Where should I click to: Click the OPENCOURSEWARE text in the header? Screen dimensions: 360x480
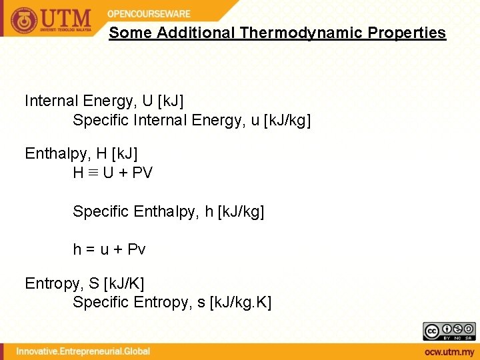tap(149, 13)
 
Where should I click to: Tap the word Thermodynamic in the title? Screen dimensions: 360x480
tap(301, 33)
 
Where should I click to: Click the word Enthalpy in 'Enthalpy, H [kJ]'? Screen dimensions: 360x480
tap(56, 153)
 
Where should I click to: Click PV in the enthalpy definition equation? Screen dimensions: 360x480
tap(142, 173)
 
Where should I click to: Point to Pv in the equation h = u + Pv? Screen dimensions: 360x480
tap(136, 250)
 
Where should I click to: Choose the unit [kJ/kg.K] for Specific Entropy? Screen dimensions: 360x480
tap(240, 303)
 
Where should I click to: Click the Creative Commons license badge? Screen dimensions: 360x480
tap(449, 331)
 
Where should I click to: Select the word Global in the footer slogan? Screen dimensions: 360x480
tap(135, 351)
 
